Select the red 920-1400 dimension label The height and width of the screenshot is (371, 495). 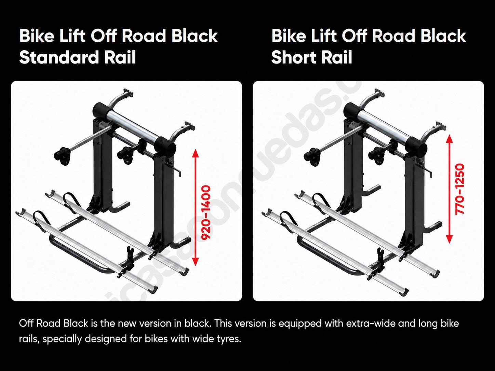pyautogui.click(x=206, y=212)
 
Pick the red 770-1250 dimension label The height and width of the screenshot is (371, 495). pyautogui.click(x=459, y=189)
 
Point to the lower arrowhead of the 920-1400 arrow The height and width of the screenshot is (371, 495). pyautogui.click(x=196, y=262)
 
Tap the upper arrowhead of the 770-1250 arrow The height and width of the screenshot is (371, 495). pyautogui.click(x=450, y=138)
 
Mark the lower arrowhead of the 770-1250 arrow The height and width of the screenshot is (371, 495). pyautogui.click(x=450, y=239)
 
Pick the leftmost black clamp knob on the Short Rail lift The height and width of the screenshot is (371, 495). pyautogui.click(x=312, y=156)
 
